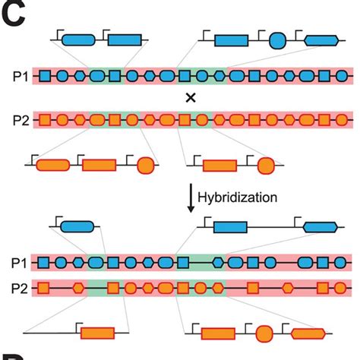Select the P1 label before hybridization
21,76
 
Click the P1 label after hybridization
21,263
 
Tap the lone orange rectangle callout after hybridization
97,333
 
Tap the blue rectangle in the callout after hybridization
230,226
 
